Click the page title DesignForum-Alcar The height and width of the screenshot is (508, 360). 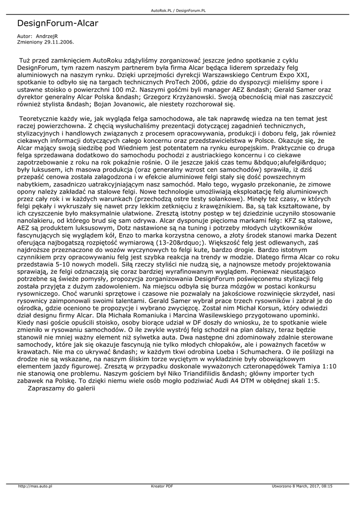(58, 23)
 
